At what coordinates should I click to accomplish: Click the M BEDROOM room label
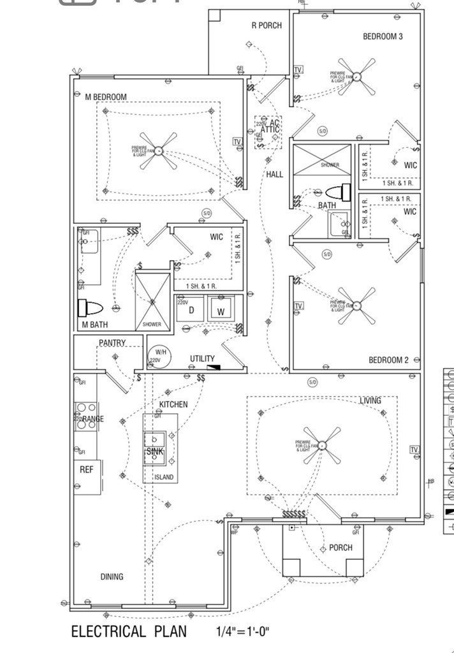[106, 97]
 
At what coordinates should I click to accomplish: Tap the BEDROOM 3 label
[383, 36]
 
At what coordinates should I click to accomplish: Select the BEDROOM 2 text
[388, 360]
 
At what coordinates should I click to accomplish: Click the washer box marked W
[220, 311]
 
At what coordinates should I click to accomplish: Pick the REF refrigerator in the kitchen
[87, 469]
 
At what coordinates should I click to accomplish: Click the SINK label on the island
[155, 451]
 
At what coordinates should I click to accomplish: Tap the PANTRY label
[112, 343]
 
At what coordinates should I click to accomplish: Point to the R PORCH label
[267, 26]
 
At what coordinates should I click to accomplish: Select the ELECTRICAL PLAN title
[129, 631]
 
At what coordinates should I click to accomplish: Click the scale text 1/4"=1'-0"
[243, 632]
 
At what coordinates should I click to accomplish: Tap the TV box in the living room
[414, 450]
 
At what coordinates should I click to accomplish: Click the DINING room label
[112, 576]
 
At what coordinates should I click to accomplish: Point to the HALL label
[275, 174]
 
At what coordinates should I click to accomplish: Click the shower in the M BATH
[153, 300]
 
